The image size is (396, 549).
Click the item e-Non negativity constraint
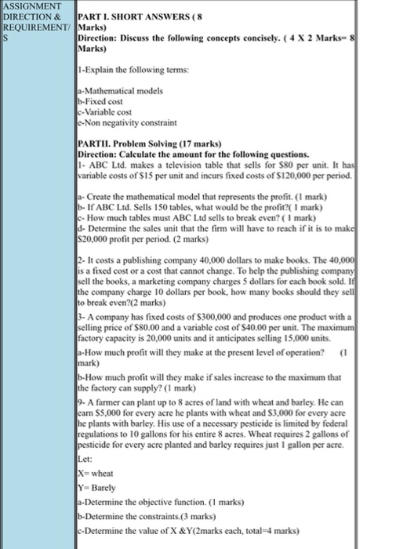128,122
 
